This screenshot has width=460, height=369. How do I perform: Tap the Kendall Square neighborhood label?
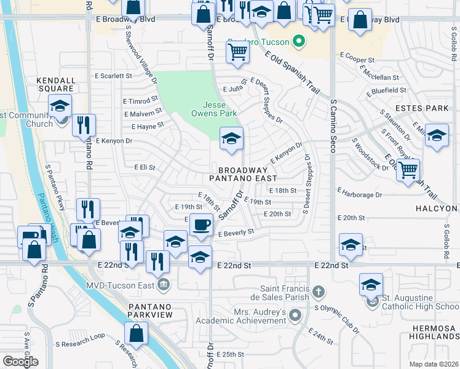tap(55, 84)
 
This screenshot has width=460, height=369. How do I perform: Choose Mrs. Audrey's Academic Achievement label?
tap(242, 316)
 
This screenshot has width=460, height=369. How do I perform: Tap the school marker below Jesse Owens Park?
tap(231, 138)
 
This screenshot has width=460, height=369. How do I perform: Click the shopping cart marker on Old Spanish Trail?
tap(408, 170)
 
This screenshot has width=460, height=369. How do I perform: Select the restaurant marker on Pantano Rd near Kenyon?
tap(84, 124)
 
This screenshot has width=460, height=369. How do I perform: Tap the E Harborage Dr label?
tap(360, 194)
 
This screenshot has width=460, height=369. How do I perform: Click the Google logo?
tap(20, 362)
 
